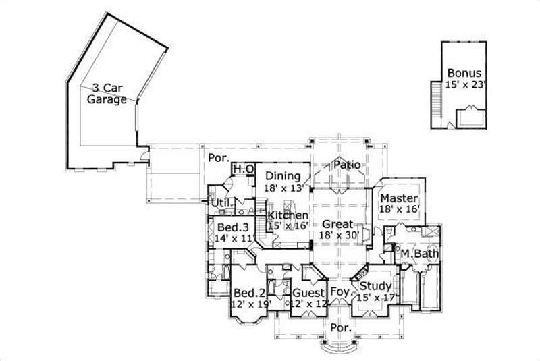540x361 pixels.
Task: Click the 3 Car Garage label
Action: point(107,93)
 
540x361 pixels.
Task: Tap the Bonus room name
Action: point(464,73)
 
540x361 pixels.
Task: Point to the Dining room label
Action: point(282,177)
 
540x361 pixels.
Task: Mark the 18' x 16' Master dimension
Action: point(399,211)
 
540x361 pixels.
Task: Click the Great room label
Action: point(335,224)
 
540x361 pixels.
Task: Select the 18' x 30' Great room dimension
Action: point(335,236)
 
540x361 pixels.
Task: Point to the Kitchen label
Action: point(288,215)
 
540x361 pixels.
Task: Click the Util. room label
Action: point(223,203)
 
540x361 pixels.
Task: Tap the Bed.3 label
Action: point(232,227)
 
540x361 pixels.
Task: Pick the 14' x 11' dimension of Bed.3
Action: point(232,238)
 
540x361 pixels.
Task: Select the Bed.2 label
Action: point(248,294)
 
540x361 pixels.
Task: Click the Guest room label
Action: point(308,294)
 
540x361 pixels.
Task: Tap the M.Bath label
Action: point(420,254)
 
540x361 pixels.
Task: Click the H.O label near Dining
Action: point(243,169)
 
